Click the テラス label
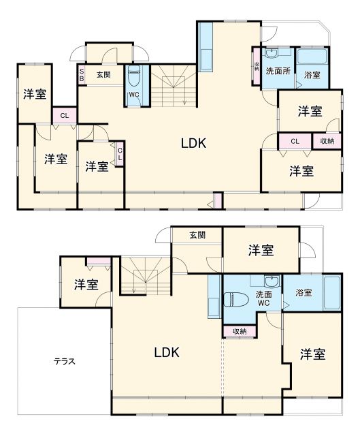tap(64, 362)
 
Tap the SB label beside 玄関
tap(82, 74)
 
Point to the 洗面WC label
tap(264, 298)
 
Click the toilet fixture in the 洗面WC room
tap(235, 298)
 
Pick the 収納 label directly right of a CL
tap(326, 141)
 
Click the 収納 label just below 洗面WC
tap(240, 332)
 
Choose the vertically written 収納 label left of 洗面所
tap(257, 67)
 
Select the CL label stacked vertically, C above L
tap(120, 154)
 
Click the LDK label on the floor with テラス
tap(166, 352)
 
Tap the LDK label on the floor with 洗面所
tap(193, 143)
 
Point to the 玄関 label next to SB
tap(103, 74)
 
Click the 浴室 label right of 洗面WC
tap(304, 293)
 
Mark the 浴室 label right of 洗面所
tap(312, 75)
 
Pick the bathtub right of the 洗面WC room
tap(331, 293)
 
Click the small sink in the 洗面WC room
tap(271, 281)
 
